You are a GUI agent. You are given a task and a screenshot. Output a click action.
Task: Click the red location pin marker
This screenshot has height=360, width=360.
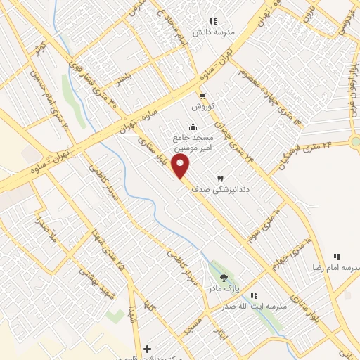click(181, 167)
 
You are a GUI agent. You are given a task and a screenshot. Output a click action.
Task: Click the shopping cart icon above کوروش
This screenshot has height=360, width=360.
click(202, 96)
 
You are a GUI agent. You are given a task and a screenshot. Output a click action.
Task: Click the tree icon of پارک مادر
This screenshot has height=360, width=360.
click(224, 278)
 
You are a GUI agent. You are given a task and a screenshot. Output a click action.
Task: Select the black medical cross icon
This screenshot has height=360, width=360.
click(146, 348)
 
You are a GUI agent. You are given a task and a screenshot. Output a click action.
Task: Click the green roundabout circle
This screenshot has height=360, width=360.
click(357, 141)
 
